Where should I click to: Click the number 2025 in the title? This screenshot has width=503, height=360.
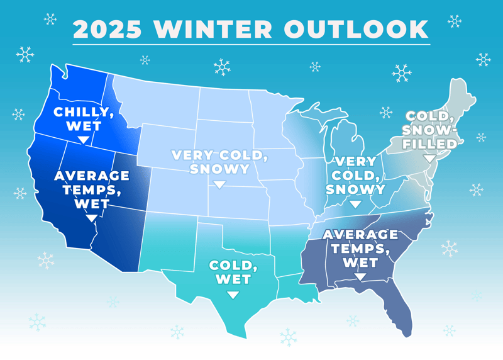pyautogui.click(x=107, y=29)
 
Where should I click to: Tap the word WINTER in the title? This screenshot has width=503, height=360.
pyautogui.click(x=213, y=29)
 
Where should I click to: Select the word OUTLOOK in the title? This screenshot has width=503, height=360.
pyautogui.click(x=357, y=29)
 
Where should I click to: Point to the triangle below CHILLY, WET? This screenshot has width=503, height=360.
pyautogui.click(x=84, y=140)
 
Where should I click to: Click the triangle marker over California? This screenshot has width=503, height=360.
pyautogui.click(x=91, y=218)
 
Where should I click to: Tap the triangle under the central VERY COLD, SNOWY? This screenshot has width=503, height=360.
pyautogui.click(x=219, y=184)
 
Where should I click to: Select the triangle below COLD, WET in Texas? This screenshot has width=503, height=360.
pyautogui.click(x=233, y=295)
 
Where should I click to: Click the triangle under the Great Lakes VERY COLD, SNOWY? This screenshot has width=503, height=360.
pyautogui.click(x=355, y=205)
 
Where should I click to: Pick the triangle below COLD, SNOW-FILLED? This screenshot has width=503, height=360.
pyautogui.click(x=429, y=159)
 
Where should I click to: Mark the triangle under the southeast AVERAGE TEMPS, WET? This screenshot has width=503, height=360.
pyautogui.click(x=360, y=277)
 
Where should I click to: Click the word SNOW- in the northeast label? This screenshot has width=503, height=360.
pyautogui.click(x=429, y=130)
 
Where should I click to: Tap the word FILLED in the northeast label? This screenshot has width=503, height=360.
pyautogui.click(x=429, y=144)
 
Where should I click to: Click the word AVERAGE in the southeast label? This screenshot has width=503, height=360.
pyautogui.click(x=360, y=234)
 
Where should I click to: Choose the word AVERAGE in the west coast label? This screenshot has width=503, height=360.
pyautogui.click(x=92, y=176)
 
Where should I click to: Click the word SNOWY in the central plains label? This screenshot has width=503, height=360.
pyautogui.click(x=219, y=169)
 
